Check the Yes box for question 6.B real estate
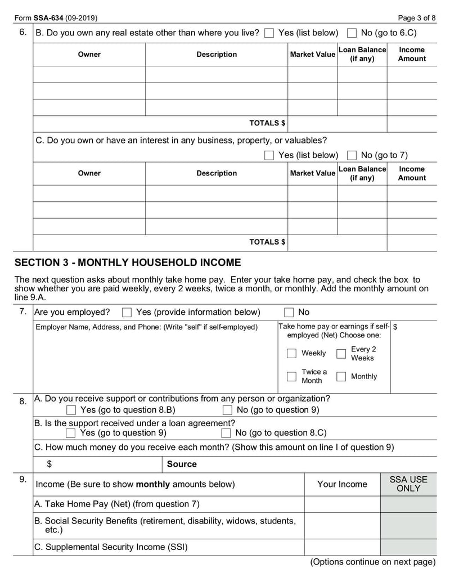pyautogui.click(x=269, y=33)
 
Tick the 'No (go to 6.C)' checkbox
pyautogui.click(x=352, y=33)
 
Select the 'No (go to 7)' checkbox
pyautogui.click(x=352, y=155)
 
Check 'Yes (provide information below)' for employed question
pyautogui.click(x=127, y=313)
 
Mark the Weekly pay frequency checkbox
pyautogui.click(x=291, y=354)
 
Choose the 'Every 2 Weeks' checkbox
pyautogui.click(x=341, y=354)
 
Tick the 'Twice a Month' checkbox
pyautogui.click(x=291, y=377)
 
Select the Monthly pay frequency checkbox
pyautogui.click(x=341, y=377)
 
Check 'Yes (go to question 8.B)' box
pyautogui.click(x=71, y=410)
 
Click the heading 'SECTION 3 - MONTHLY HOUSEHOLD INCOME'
pyautogui.click(x=128, y=263)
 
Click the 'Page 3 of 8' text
pyautogui.click(x=416, y=17)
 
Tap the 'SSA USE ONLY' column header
pyautogui.click(x=408, y=484)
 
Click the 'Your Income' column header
pyautogui.click(x=342, y=484)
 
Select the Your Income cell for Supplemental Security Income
pyautogui.click(x=342, y=547)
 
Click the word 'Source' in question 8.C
pyautogui.click(x=182, y=464)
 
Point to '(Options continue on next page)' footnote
pyautogui.click(x=372, y=562)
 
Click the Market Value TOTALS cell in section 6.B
pyautogui.click(x=312, y=124)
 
